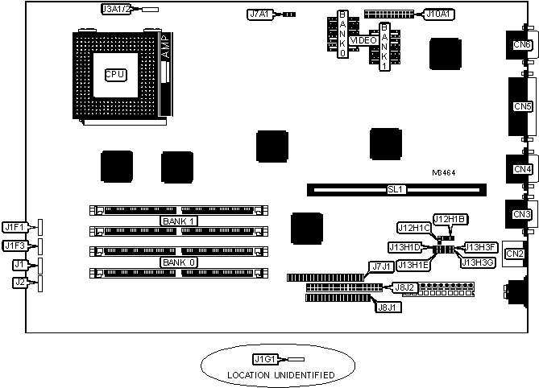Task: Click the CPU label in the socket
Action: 114,75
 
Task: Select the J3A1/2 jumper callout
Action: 116,9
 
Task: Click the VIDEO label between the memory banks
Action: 363,39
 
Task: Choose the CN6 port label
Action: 521,44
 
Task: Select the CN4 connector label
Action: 521,169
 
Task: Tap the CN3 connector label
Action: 521,214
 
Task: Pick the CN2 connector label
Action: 514,254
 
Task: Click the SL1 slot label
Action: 396,190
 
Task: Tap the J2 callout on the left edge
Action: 19,282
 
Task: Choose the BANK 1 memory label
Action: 179,221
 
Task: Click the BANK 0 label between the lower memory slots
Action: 179,262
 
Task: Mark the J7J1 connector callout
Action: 381,266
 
